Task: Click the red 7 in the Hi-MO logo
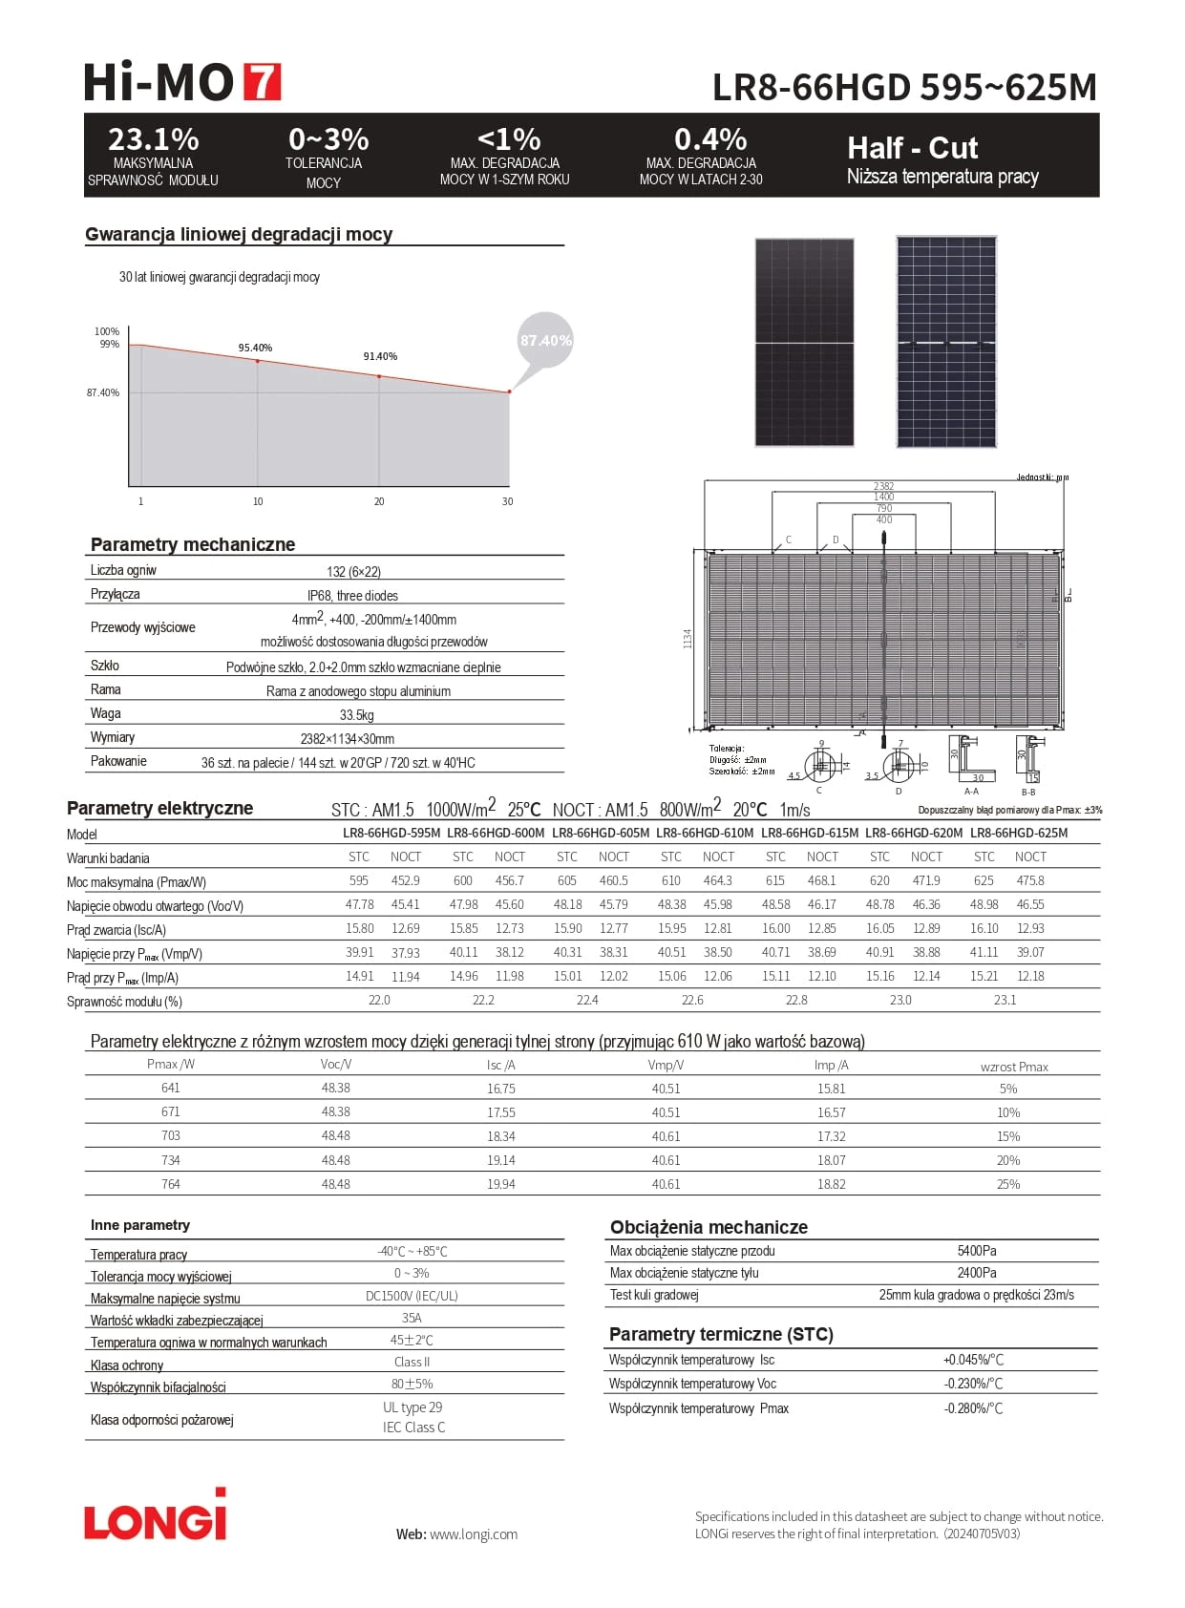[263, 82]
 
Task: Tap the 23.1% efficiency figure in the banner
[153, 139]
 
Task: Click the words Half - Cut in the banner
[912, 148]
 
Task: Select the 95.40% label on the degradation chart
[255, 348]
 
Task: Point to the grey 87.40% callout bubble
[545, 340]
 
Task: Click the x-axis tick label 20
[379, 501]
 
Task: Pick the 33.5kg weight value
[356, 715]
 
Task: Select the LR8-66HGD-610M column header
[705, 833]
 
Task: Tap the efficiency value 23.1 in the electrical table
[1005, 1000]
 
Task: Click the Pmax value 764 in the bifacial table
[170, 1184]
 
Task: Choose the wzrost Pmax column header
[1014, 1067]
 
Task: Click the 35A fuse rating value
[412, 1318]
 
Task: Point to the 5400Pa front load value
[976, 1251]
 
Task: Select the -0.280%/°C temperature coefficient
[973, 1408]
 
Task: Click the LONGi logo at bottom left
[156, 1517]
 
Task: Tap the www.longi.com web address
[473, 1534]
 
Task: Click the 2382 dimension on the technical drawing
[883, 486]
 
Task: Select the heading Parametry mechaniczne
[193, 544]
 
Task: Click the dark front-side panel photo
[804, 342]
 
